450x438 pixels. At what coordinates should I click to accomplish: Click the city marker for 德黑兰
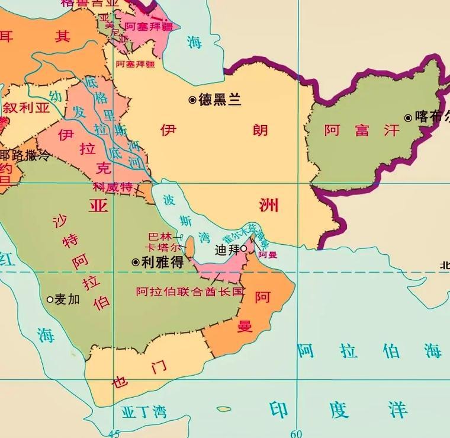pyautogui.click(x=192, y=100)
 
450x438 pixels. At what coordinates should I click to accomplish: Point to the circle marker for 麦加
pyautogui.click(x=50, y=299)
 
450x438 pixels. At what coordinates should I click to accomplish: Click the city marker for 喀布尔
pyautogui.click(x=408, y=118)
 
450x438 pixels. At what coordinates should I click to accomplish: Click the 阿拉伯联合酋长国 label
pyautogui.click(x=189, y=292)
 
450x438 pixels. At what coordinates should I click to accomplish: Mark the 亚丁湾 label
pyautogui.click(x=143, y=411)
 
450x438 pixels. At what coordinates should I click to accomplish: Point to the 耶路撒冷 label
pyautogui.click(x=25, y=155)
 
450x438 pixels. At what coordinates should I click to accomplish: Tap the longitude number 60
pyautogui.click(x=295, y=433)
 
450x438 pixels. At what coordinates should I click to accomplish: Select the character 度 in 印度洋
pyautogui.click(x=339, y=409)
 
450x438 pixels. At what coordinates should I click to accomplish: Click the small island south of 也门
pyautogui.click(x=223, y=409)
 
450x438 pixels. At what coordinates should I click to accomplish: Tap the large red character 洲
pyautogui.click(x=268, y=206)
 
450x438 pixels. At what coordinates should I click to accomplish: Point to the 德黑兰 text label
pyautogui.click(x=220, y=100)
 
